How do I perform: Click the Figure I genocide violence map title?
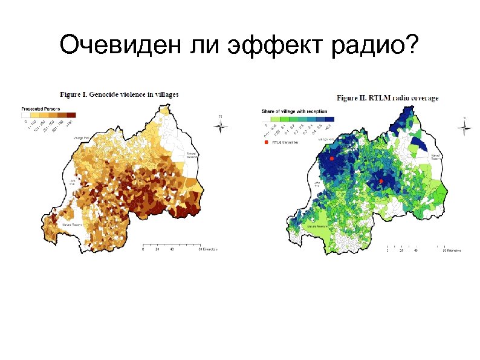coord(118,94)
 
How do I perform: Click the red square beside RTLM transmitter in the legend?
coord(265,143)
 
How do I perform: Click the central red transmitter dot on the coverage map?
coord(381,180)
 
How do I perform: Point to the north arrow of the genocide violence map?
coord(221,125)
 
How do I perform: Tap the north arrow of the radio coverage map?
coord(464,128)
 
